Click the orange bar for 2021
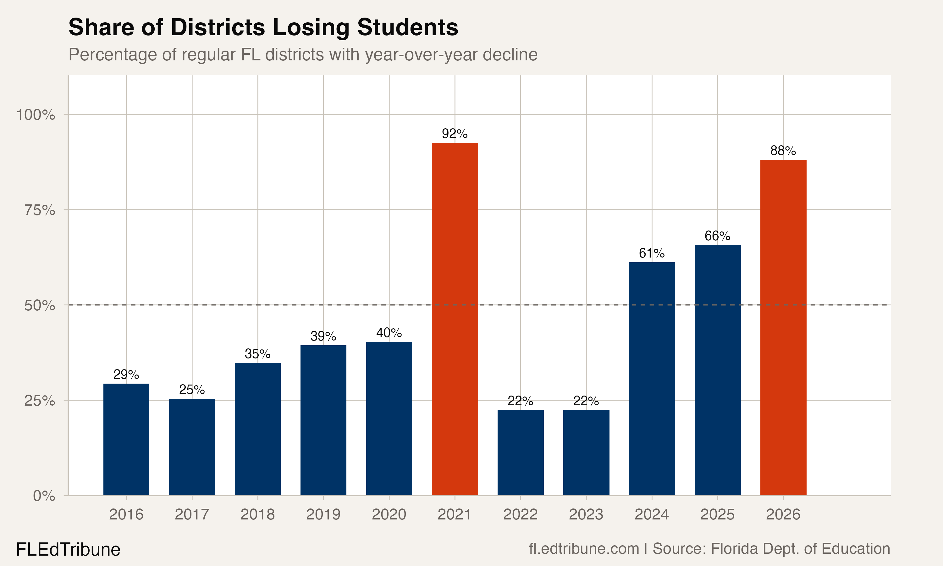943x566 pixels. tap(455, 319)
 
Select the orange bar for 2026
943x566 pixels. tap(783, 327)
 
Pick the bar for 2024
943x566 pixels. tap(652, 378)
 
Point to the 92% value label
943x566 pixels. tap(454, 134)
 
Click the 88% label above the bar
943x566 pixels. tap(783, 151)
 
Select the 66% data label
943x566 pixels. tap(717, 236)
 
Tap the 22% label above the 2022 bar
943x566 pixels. tap(520, 401)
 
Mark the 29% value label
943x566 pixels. tap(126, 375)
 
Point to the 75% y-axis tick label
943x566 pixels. tap(40, 210)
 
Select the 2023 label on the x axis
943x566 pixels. tap(586, 514)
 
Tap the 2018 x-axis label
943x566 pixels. tap(257, 514)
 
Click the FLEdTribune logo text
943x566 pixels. tap(68, 550)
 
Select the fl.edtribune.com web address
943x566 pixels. tap(584, 549)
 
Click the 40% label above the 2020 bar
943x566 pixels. tap(389, 333)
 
